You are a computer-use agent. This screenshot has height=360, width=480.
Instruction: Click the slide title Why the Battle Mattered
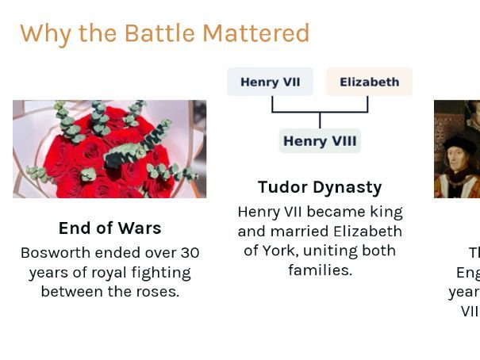coord(164,33)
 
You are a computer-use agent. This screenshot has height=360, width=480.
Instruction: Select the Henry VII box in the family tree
coord(270,82)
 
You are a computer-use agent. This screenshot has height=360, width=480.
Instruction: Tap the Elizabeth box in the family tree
coord(369,82)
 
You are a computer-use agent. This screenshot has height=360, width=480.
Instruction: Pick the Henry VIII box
coord(320,141)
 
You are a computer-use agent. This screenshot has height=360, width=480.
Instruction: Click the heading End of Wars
coord(109,228)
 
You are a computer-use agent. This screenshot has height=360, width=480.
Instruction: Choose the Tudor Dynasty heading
coord(320,187)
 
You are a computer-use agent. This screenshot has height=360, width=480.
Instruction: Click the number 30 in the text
coord(190,253)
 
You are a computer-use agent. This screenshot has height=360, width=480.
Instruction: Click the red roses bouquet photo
coord(109,149)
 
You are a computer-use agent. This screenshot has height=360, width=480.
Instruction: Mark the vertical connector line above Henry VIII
coord(320,120)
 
